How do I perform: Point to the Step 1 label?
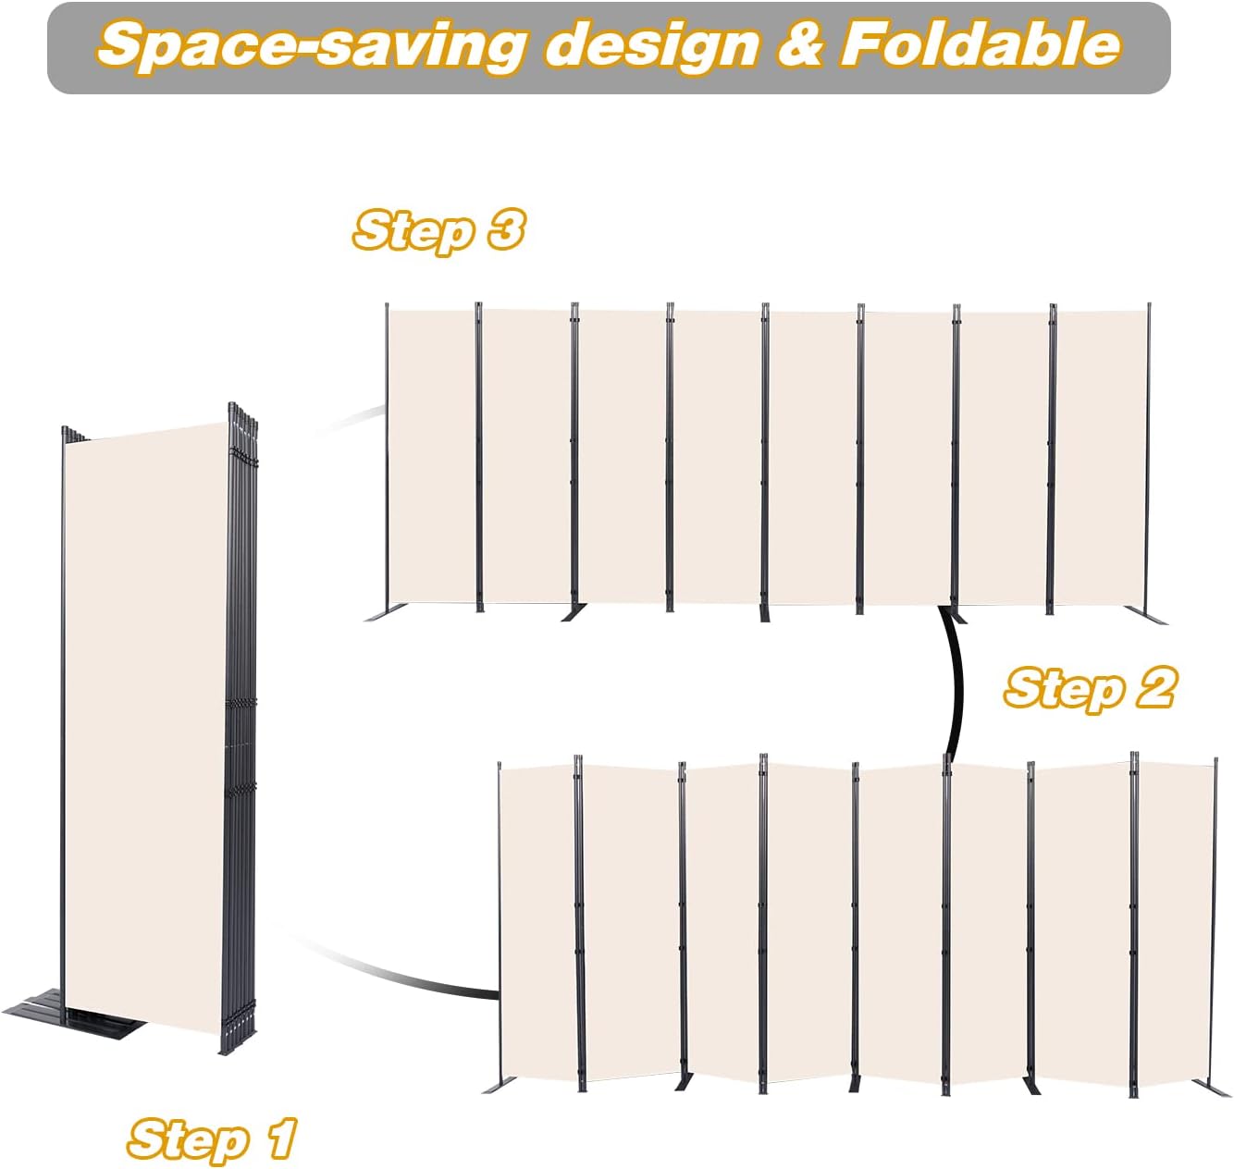212,1138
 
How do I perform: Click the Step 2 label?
1089,689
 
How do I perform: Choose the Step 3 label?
438,230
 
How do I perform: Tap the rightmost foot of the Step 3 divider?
1148,615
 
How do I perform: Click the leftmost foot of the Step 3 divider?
383,614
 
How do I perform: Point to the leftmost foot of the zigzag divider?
496,1083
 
